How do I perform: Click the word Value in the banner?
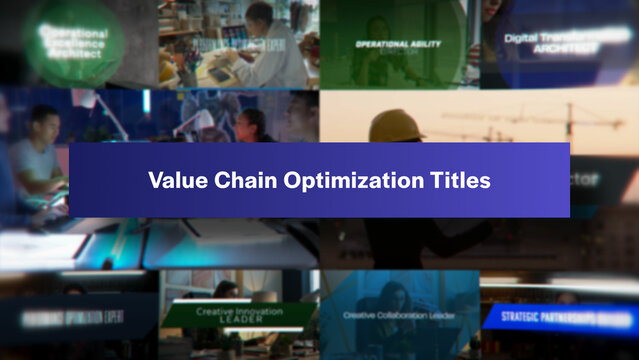(171, 181)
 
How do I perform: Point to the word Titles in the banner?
(456, 181)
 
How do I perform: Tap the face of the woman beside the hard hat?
(252, 125)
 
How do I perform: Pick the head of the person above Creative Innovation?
(227, 290)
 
